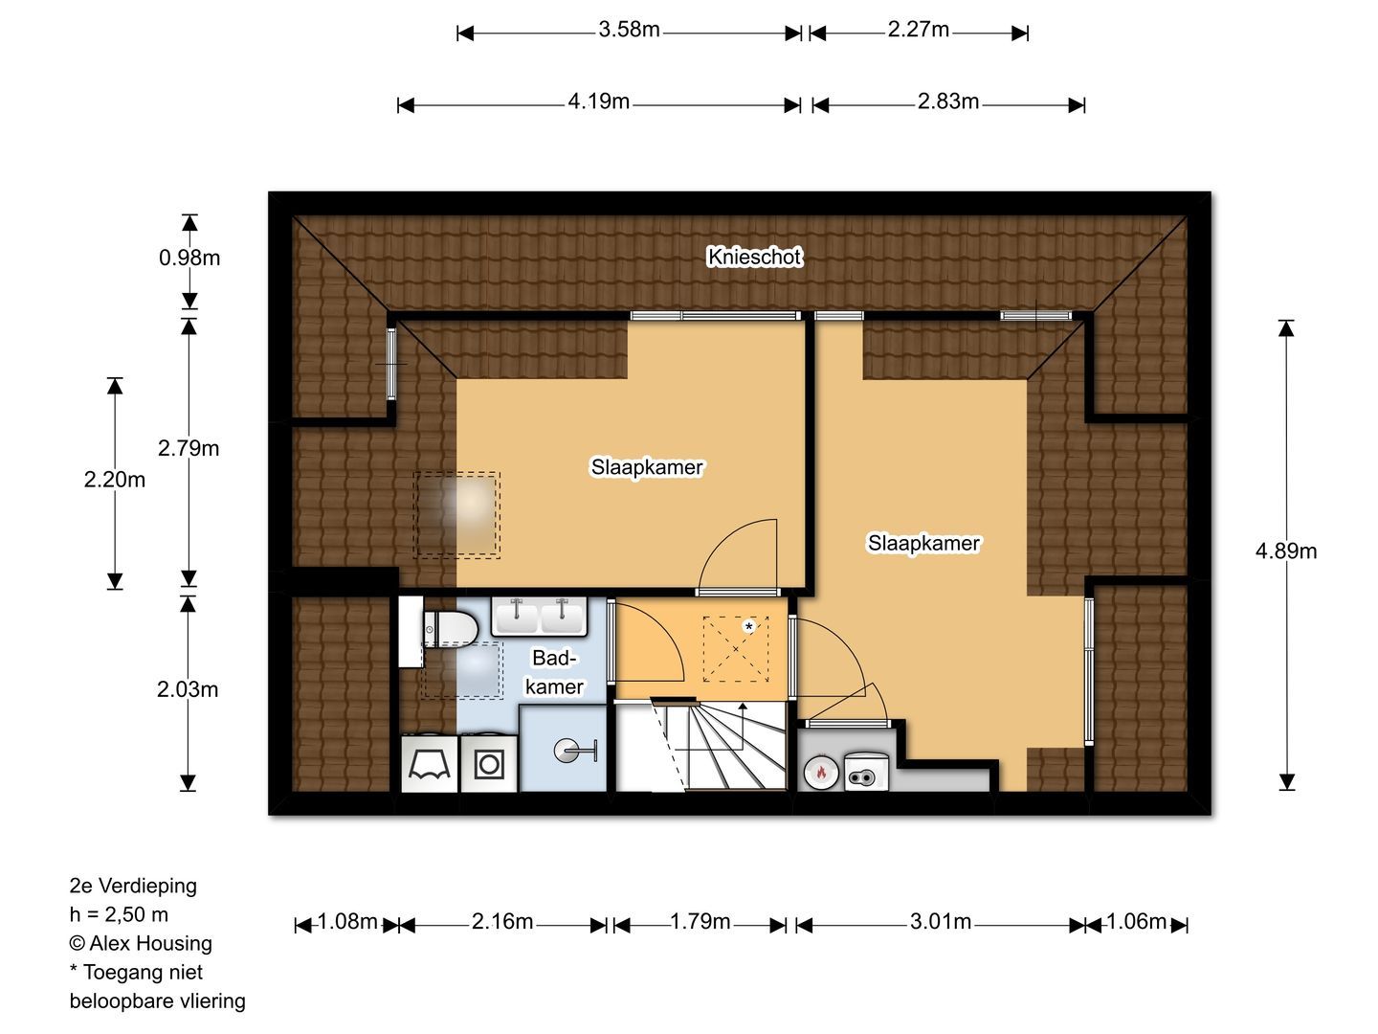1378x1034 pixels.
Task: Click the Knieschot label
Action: pyautogui.click(x=754, y=257)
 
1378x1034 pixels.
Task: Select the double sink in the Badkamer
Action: pyautogui.click(x=540, y=617)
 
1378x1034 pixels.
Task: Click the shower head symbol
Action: pyautogui.click(x=574, y=751)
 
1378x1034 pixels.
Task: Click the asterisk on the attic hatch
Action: pyautogui.click(x=748, y=626)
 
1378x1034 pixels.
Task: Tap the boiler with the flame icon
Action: pyautogui.click(x=820, y=773)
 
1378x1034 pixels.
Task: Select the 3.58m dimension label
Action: pyautogui.click(x=629, y=30)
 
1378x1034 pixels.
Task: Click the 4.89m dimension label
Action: pyautogui.click(x=1286, y=551)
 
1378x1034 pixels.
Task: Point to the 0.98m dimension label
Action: pyautogui.click(x=189, y=258)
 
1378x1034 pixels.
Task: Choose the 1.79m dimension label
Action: pyautogui.click(x=700, y=922)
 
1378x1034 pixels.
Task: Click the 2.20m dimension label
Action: pyautogui.click(x=114, y=480)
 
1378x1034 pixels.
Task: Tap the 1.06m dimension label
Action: pyautogui.click(x=1136, y=922)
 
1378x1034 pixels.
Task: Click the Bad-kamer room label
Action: pyautogui.click(x=554, y=672)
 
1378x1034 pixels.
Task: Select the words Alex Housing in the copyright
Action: pyautogui.click(x=150, y=943)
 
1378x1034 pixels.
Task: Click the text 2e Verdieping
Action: pyautogui.click(x=133, y=886)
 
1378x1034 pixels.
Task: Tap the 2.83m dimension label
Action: pyautogui.click(x=948, y=101)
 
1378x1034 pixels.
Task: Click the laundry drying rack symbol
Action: pyautogui.click(x=430, y=764)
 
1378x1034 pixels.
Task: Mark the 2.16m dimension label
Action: pyautogui.click(x=502, y=922)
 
